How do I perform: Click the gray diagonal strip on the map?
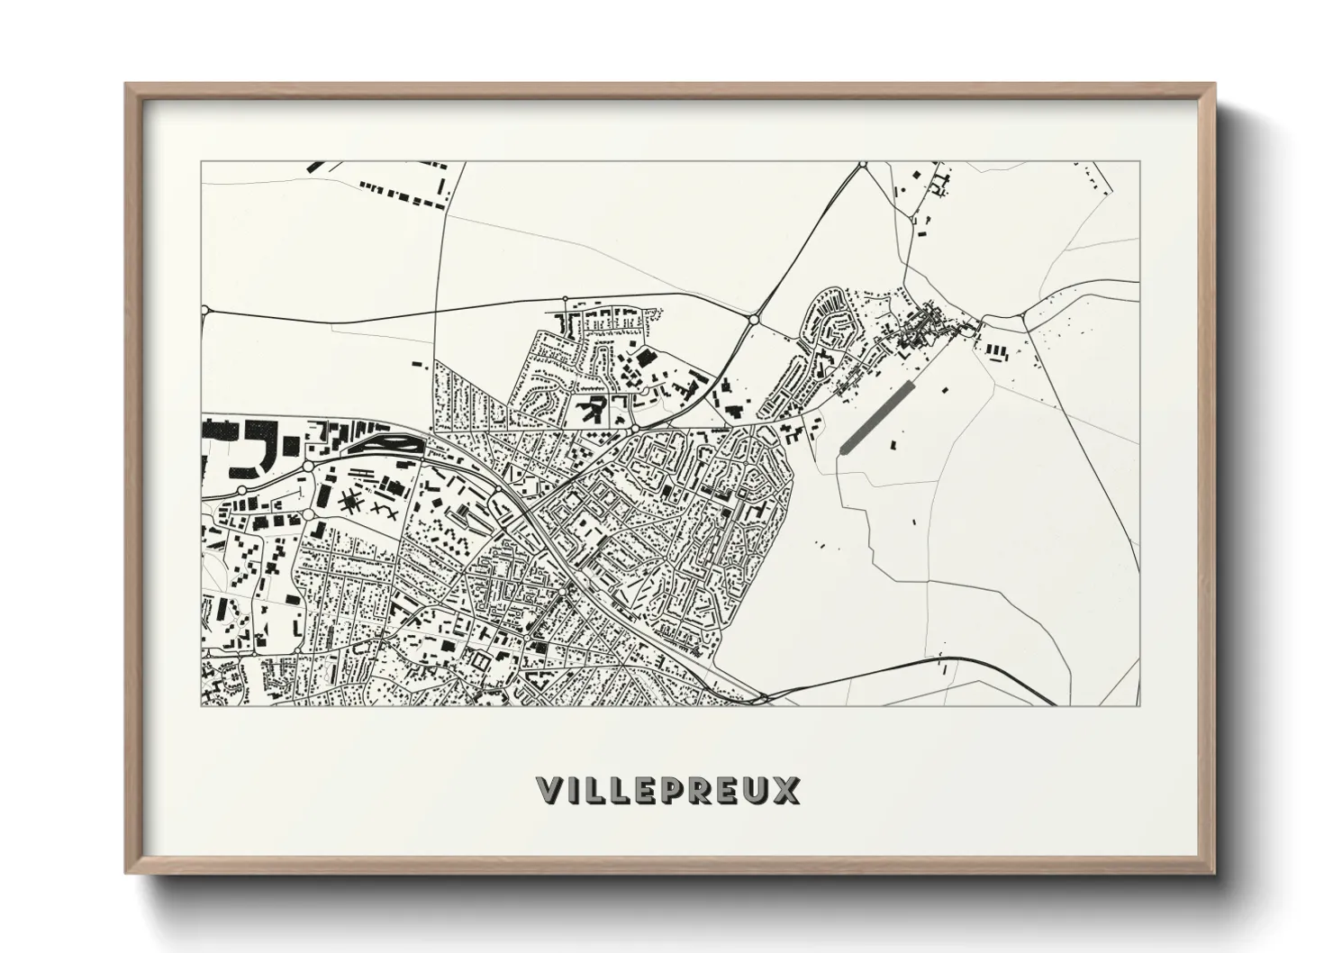[x=876, y=415]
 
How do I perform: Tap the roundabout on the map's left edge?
[x=205, y=309]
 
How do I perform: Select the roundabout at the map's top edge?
[x=862, y=165]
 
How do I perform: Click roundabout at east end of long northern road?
[x=753, y=318]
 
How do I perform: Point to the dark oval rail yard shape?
[x=385, y=441]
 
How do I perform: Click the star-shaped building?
[x=350, y=502]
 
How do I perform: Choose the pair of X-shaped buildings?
[x=385, y=510]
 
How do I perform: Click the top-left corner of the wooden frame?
[x=126, y=85]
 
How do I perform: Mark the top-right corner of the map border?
[x=1139, y=162]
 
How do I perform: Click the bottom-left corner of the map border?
[x=202, y=705]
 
